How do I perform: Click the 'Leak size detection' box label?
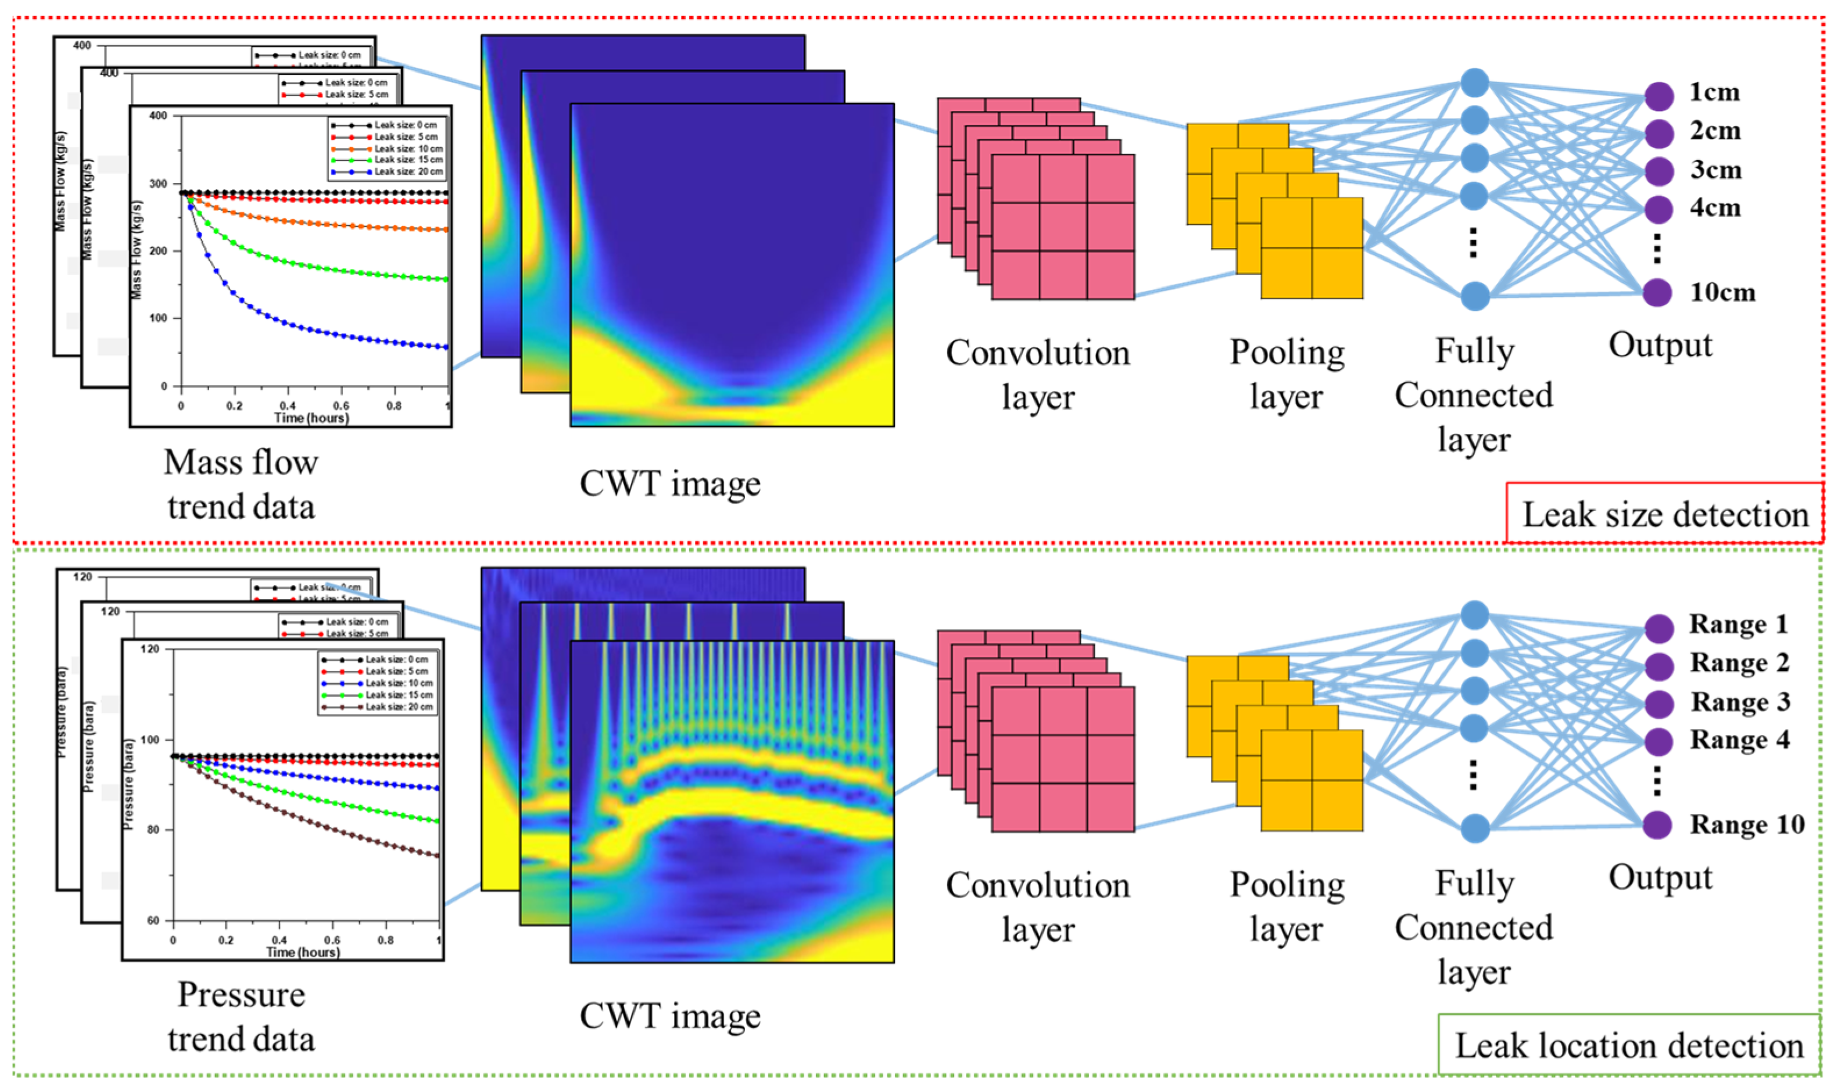pyautogui.click(x=1664, y=515)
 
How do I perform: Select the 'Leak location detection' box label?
pyautogui.click(x=1629, y=1046)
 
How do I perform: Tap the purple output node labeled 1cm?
pyautogui.click(x=1658, y=96)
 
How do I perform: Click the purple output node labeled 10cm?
pyautogui.click(x=1658, y=293)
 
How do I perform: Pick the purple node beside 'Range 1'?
pyautogui.click(x=1658, y=628)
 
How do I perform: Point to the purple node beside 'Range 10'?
pyautogui.click(x=1658, y=825)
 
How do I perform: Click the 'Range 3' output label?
pyautogui.click(x=1740, y=702)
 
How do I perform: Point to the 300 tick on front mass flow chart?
pyautogui.click(x=158, y=184)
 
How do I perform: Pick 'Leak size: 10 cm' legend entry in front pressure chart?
pyautogui.click(x=399, y=683)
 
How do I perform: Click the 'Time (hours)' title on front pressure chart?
pyautogui.click(x=303, y=952)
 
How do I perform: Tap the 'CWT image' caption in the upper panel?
pyautogui.click(x=670, y=484)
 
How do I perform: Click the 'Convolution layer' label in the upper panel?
pyautogui.click(x=1037, y=375)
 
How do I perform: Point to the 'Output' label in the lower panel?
pyautogui.click(x=1660, y=878)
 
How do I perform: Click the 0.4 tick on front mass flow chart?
pyautogui.click(x=288, y=406)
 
